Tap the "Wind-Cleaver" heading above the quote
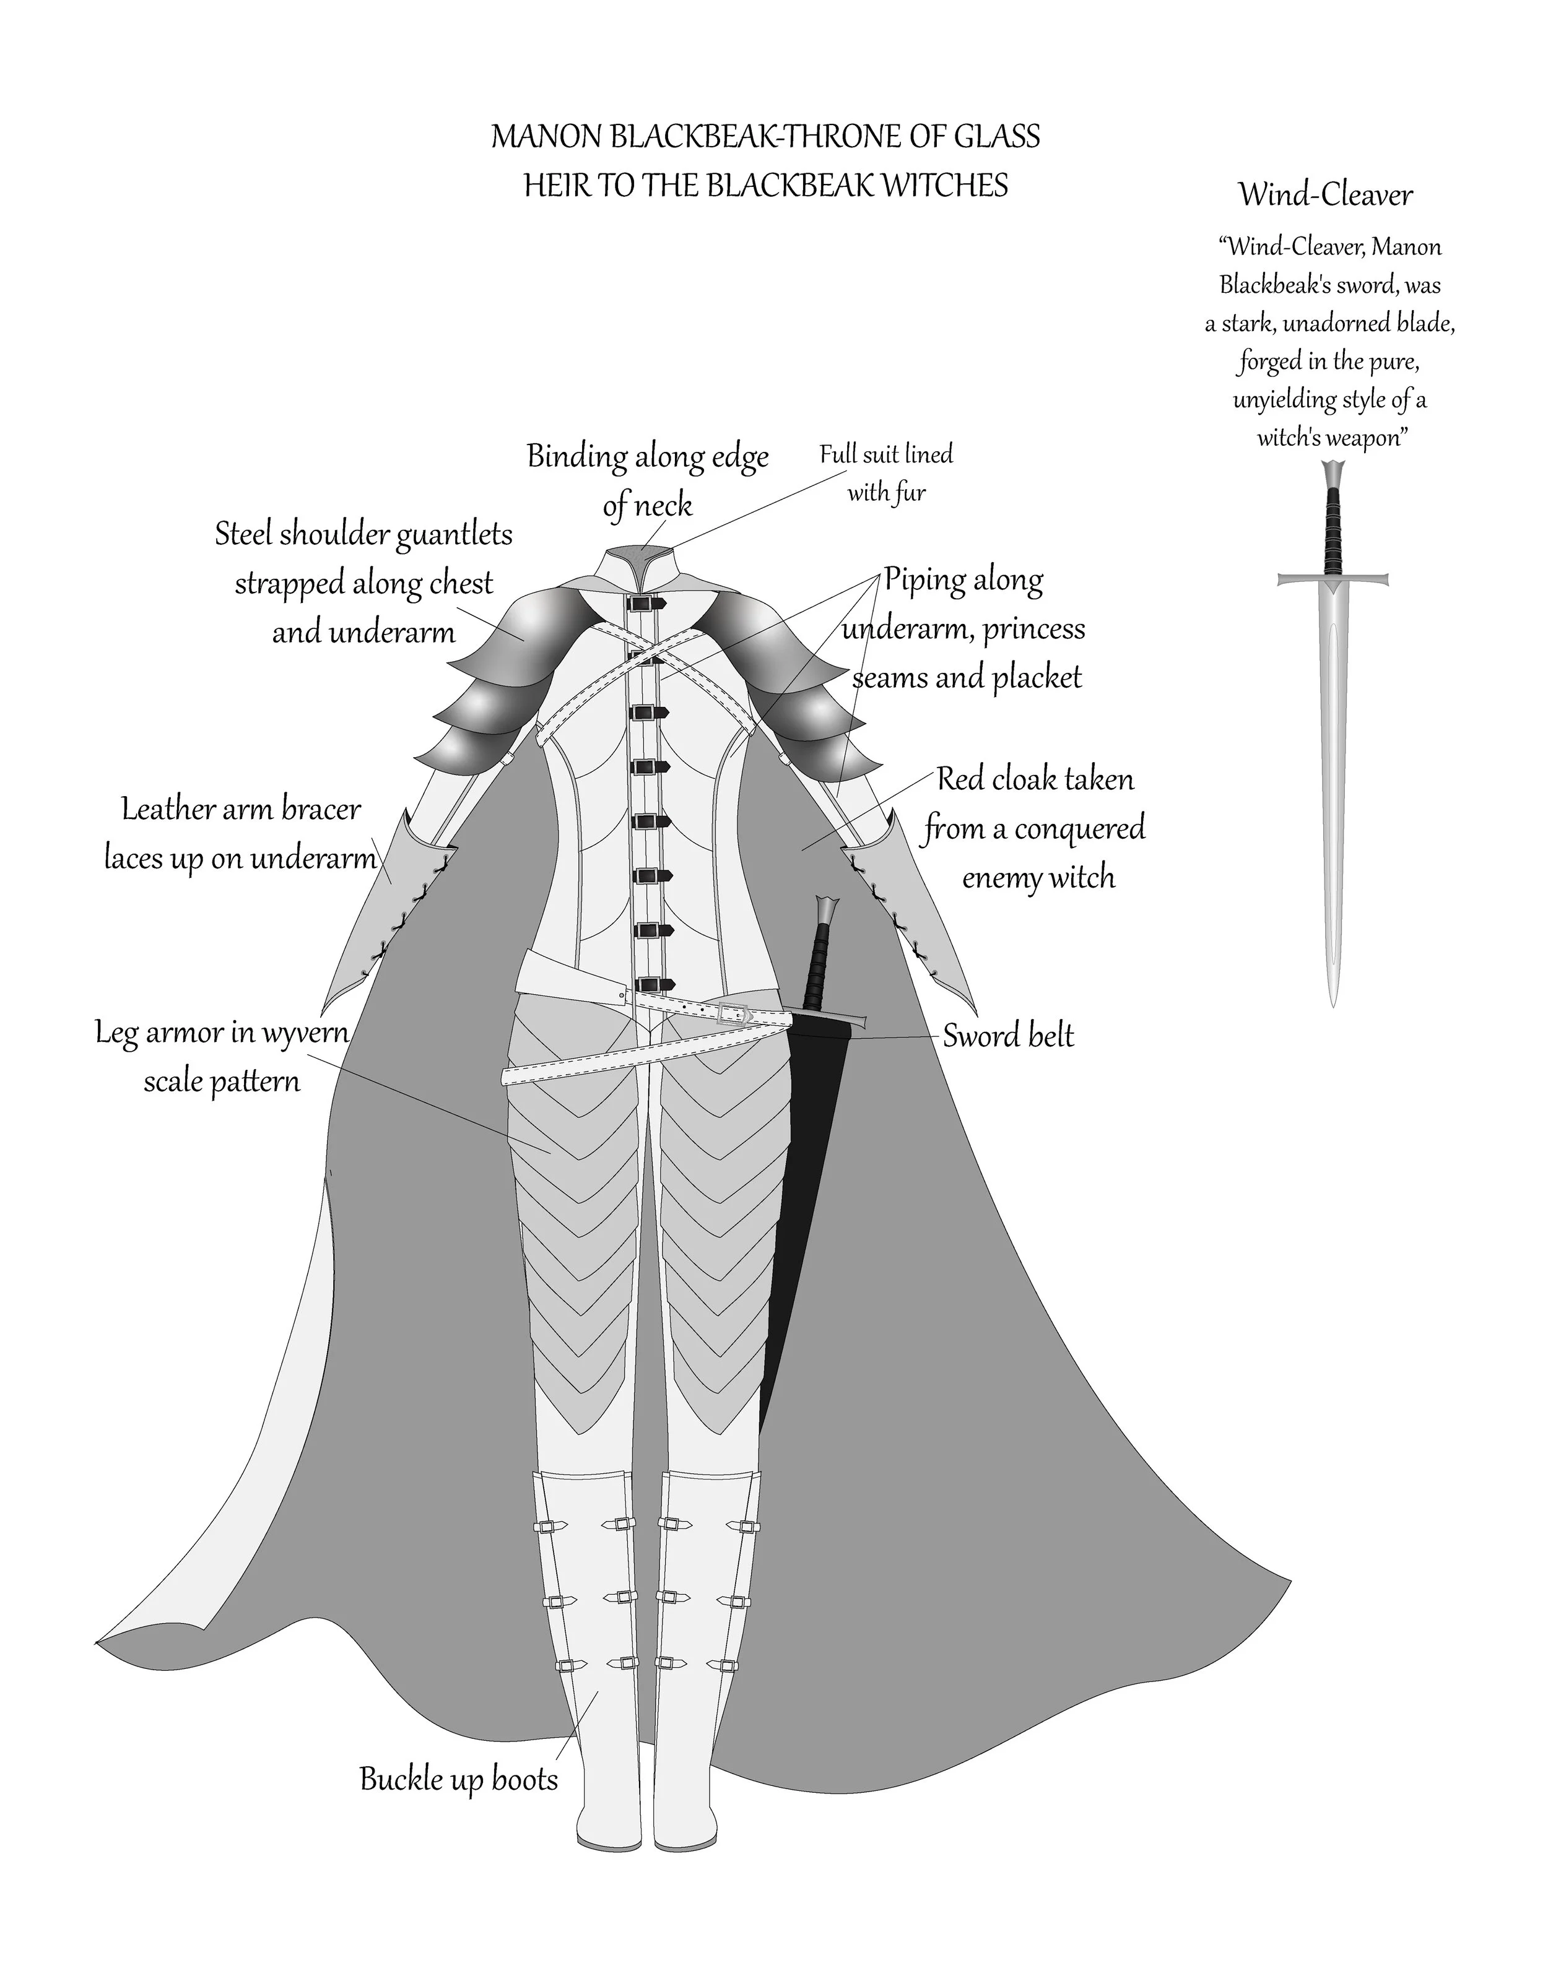tap(1325, 195)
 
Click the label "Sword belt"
tap(1008, 1036)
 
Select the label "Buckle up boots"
tap(459, 1779)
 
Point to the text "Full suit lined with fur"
tap(886, 473)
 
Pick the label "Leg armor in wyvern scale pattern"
tap(222, 1056)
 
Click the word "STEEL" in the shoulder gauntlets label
tap(244, 534)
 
